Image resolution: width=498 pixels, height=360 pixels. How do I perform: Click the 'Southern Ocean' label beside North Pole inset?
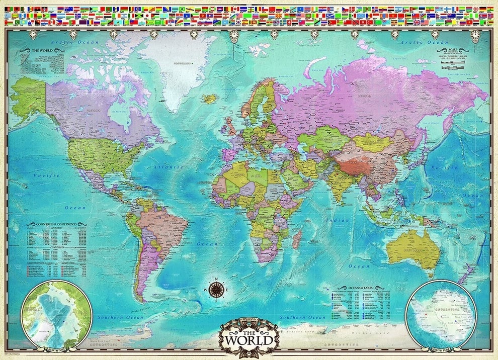[121, 317]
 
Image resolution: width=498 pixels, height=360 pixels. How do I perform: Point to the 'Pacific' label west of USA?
[46, 175]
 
